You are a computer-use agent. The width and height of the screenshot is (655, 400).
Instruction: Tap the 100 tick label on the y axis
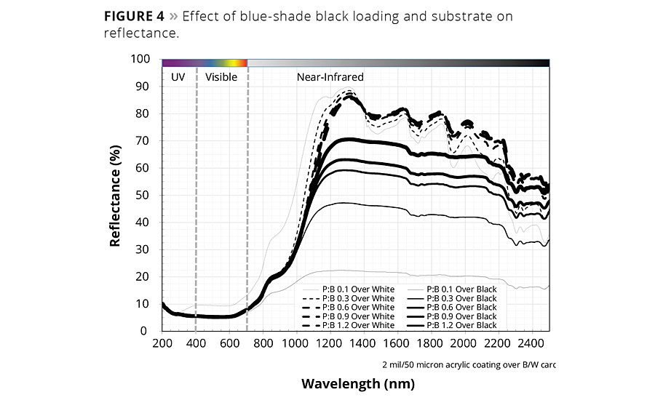tap(141, 59)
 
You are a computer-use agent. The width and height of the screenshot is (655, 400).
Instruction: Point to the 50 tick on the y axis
tap(144, 195)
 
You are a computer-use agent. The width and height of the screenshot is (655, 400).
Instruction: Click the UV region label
tap(178, 76)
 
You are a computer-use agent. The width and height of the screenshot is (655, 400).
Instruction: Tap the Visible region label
tap(221, 76)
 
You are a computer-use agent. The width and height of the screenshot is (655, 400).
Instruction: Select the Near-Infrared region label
tap(330, 76)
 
